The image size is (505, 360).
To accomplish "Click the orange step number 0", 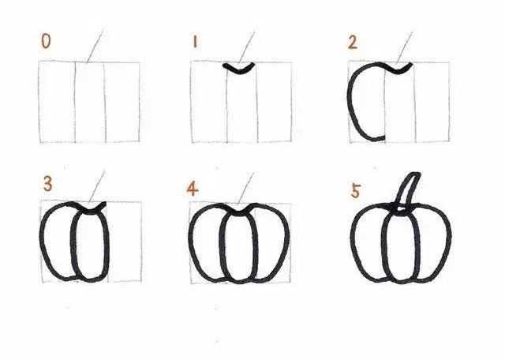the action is point(46,41).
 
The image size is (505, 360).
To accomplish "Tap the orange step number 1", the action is point(195,42).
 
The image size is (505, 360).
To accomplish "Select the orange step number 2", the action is point(353,43).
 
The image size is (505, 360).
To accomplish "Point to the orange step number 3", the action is point(47,185).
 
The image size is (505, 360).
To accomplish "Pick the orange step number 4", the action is point(193,189).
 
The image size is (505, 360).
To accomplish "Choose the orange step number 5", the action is point(356,191).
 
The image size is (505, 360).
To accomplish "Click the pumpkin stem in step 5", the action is point(407,192).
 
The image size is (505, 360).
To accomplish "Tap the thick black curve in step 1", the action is point(238,69).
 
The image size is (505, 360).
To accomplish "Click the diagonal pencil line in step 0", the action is point(95,47).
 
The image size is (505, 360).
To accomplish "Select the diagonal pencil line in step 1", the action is point(246,47).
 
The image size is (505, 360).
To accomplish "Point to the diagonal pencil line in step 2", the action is point(404,47).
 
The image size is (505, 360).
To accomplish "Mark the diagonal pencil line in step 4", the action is point(245,189).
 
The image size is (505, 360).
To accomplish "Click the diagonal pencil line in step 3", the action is point(96,187).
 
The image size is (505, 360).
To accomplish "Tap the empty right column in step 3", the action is point(125,242).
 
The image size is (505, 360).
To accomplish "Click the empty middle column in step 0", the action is point(90,102).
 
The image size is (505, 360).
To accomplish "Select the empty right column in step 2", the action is point(432,102).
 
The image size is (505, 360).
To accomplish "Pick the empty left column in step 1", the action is point(209,102).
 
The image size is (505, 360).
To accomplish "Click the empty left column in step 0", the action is point(57,102).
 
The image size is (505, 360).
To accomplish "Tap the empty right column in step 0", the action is point(122,102).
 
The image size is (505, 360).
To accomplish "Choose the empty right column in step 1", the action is point(275,102).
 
